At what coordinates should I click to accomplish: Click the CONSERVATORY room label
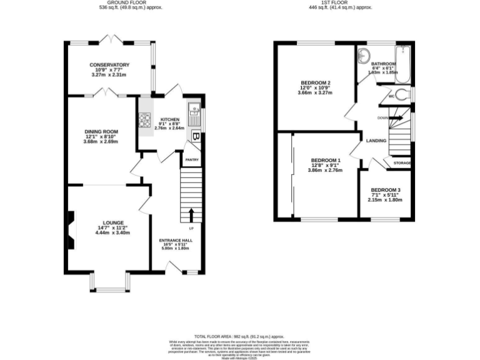[x=109, y=64]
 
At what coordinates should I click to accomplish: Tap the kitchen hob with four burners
[x=146, y=120]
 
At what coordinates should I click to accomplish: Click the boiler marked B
[x=196, y=136]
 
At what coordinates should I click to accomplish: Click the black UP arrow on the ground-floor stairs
[x=191, y=216]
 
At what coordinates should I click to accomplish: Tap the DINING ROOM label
[x=101, y=131]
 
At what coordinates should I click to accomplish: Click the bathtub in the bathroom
[x=402, y=65]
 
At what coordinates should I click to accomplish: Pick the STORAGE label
[x=402, y=164]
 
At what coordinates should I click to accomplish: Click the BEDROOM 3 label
[x=386, y=190]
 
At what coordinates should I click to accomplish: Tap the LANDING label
[x=376, y=141]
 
